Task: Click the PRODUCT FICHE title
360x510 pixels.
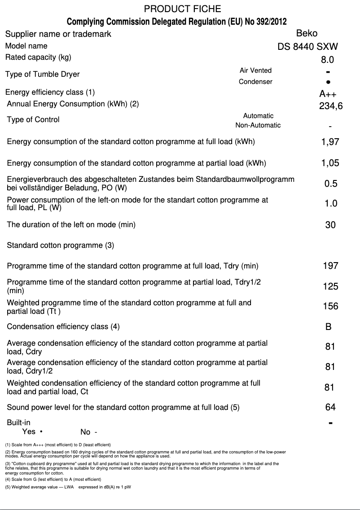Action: (x=182, y=9)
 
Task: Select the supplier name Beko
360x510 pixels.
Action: (x=307, y=33)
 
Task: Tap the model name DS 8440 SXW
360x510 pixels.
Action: (x=308, y=46)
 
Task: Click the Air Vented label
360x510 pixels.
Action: (x=255, y=70)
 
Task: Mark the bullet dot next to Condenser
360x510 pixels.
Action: (x=329, y=82)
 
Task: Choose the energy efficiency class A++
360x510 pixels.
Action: (x=328, y=94)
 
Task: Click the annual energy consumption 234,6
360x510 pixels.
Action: (x=330, y=106)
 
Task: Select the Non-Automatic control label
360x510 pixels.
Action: (x=258, y=125)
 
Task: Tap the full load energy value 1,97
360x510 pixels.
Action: (x=330, y=142)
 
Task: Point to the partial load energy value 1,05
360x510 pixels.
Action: (x=330, y=163)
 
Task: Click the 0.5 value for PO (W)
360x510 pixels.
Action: (x=331, y=184)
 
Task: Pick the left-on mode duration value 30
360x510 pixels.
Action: (x=330, y=225)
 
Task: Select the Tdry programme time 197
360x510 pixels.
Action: (x=331, y=266)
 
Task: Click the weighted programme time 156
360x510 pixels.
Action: (x=331, y=307)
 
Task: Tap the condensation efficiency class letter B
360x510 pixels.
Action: (x=329, y=327)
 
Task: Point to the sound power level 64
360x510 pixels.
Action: (x=330, y=407)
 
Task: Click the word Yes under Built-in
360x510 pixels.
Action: (x=29, y=431)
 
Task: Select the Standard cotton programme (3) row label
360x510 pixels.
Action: (x=61, y=246)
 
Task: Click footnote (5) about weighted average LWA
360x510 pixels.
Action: (x=68, y=487)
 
